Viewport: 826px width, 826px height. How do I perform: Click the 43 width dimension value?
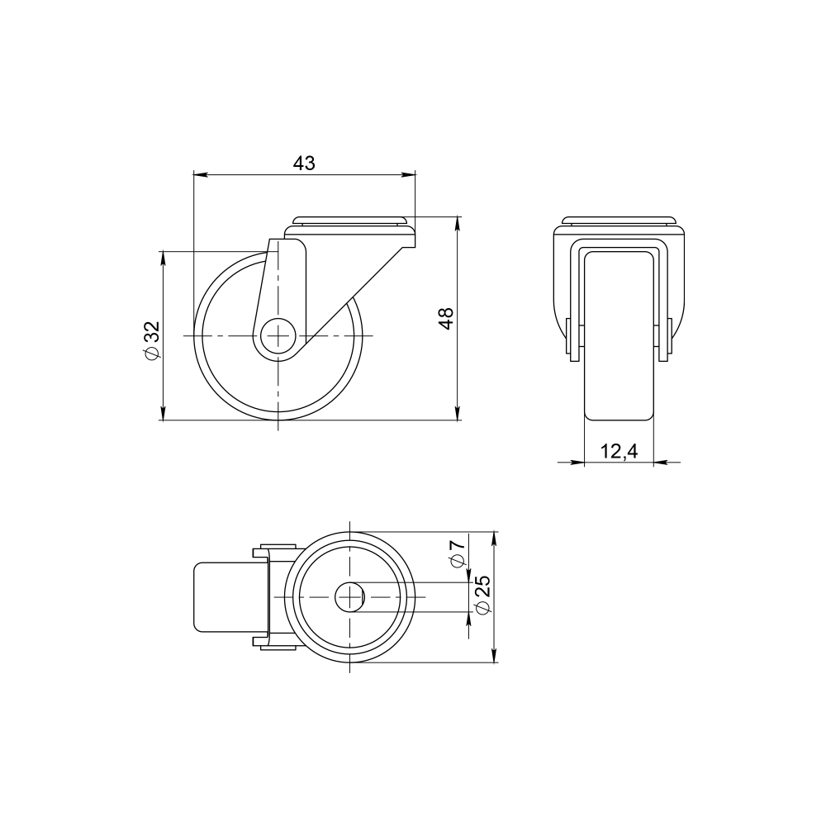304,164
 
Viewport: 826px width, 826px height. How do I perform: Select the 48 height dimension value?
446,318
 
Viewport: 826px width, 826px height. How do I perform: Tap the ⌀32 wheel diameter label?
151,340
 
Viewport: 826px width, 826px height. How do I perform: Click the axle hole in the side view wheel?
279,336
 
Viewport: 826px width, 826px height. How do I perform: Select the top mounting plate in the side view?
350,221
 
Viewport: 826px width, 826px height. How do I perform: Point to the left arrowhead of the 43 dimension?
198,174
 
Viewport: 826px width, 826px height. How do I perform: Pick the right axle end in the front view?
665,341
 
